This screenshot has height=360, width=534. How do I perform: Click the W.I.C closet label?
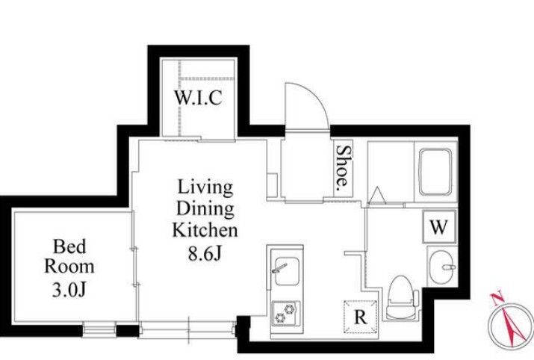point(198,98)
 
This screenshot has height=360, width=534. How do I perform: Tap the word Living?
point(205,187)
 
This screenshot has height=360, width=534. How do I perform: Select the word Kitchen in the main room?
point(205,230)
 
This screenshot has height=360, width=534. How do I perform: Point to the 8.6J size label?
point(205,252)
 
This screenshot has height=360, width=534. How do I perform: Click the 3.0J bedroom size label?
point(69,290)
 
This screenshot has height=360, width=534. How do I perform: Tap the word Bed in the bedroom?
point(69,246)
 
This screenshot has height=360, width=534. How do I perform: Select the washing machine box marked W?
point(439,226)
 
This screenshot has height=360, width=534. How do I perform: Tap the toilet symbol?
point(402,298)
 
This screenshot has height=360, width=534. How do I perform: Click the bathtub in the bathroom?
point(435,172)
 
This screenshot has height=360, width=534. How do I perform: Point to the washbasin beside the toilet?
point(442,267)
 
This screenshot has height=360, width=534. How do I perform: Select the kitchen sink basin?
point(287,271)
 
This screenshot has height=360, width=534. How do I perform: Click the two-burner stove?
point(286,314)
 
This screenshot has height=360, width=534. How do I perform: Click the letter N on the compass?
point(497,298)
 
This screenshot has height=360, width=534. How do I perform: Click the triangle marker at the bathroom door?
point(377,196)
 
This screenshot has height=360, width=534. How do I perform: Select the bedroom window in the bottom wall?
point(99,331)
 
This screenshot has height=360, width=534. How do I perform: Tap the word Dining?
point(205,209)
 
